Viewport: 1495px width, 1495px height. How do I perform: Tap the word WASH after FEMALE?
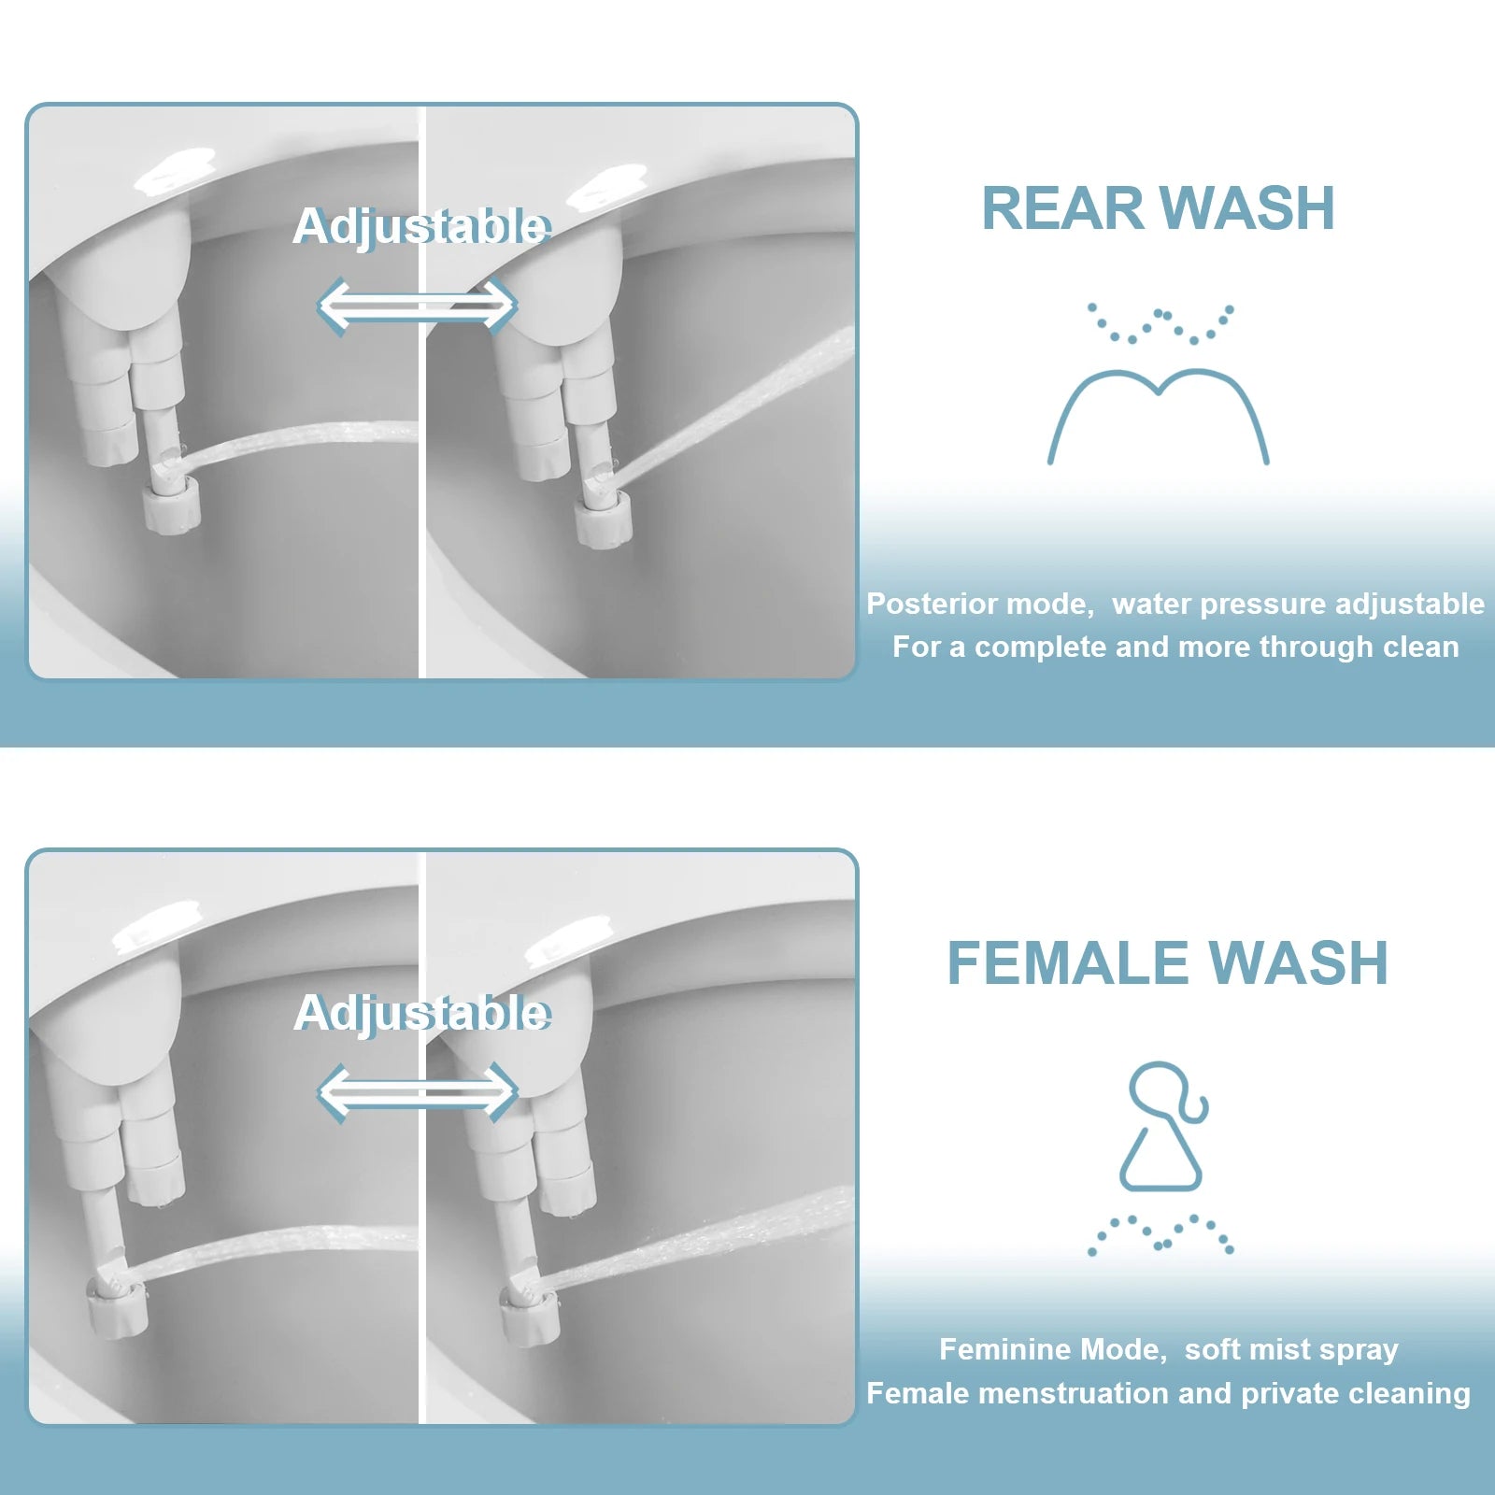(1299, 963)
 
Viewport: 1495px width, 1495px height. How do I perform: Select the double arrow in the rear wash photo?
(417, 306)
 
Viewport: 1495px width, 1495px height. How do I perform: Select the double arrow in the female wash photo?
(417, 1092)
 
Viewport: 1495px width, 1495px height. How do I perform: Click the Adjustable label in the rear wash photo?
(421, 226)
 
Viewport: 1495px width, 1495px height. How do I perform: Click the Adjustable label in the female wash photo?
(421, 1013)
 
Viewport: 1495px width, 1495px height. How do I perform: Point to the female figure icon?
(1162, 1127)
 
